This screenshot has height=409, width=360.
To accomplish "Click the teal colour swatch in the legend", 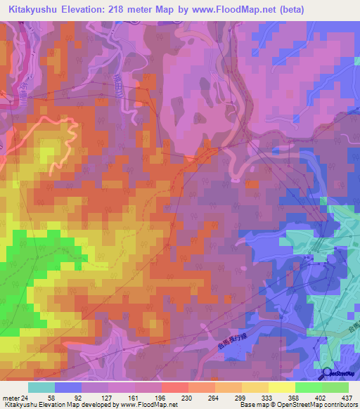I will (x=41, y=387).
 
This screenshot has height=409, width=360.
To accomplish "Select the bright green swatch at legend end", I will (x=335, y=387).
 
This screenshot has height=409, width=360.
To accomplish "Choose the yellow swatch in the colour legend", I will (x=281, y=387).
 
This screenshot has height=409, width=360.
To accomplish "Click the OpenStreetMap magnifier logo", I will (x=328, y=373).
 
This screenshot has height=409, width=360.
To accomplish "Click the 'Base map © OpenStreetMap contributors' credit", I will (x=298, y=405).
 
